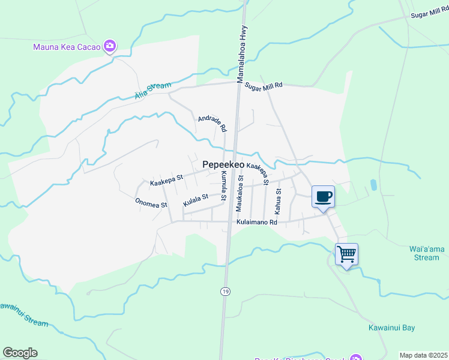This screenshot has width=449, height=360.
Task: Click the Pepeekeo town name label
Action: point(223,164)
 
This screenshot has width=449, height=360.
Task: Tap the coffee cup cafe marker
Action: point(323,196)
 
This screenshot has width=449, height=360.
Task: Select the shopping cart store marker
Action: point(346,254)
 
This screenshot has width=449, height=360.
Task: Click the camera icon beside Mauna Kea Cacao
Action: point(109,46)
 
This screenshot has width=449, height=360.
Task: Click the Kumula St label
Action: point(223,185)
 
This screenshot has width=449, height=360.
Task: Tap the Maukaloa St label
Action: point(240,193)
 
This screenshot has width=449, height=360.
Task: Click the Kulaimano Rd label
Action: point(256,222)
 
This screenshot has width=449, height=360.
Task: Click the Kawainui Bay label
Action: point(391,328)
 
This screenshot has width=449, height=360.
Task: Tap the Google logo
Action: point(19,353)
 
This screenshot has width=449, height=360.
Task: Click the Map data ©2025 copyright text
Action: point(424,355)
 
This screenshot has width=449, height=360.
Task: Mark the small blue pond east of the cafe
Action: point(375,185)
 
